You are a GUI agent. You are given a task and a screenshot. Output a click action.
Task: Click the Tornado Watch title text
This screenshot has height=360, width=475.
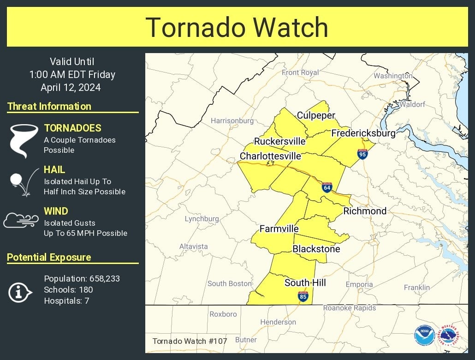pyautogui.click(x=237, y=27)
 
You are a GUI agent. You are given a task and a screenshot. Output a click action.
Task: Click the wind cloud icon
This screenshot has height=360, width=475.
pyautogui.click(x=21, y=220)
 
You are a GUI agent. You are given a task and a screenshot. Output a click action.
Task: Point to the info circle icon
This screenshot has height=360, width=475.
pyautogui.click(x=20, y=292)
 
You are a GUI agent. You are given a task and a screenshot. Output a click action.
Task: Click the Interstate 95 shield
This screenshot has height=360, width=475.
pyautogui.click(x=362, y=154)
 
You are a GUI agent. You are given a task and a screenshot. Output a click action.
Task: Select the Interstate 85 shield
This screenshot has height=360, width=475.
pyautogui.click(x=303, y=296)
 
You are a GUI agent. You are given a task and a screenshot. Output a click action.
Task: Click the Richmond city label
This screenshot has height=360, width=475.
pyautogui.click(x=365, y=211)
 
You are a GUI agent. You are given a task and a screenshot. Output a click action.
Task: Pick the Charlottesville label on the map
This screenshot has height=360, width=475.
pyautogui.click(x=270, y=156)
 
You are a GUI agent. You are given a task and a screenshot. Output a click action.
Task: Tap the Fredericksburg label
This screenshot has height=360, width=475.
pyautogui.click(x=363, y=133)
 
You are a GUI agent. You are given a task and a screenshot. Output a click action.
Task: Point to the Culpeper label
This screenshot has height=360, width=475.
pyautogui.click(x=316, y=115)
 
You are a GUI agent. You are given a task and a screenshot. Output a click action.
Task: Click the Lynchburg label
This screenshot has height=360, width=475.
pyautogui.click(x=202, y=219)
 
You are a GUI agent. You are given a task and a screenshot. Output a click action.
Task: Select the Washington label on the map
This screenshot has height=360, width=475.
pyautogui.click(x=393, y=76)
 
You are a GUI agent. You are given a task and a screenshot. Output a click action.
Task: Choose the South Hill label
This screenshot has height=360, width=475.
pyautogui.click(x=305, y=282)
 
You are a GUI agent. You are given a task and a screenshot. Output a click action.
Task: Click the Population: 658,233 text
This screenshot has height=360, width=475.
pyautogui.click(x=82, y=279)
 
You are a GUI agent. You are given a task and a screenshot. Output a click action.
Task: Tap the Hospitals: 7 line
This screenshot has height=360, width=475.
pyautogui.click(x=66, y=301)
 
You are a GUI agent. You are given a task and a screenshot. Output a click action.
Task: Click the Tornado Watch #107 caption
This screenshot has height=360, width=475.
pyautogui.click(x=190, y=342)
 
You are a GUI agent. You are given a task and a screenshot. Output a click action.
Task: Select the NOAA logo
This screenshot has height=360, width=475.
pyautogui.click(x=424, y=335)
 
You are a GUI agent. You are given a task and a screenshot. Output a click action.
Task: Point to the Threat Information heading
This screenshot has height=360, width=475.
pyautogui.click(x=49, y=106)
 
